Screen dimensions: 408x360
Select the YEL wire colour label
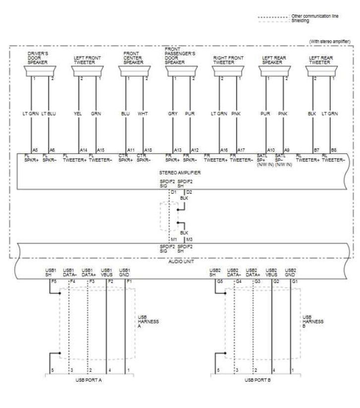tap(77, 114)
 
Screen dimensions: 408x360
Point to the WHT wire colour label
tap(143, 114)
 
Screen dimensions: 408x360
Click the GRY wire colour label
tap(173, 114)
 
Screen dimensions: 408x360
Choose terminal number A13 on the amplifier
tap(178, 149)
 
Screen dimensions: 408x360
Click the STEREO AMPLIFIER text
tap(180, 172)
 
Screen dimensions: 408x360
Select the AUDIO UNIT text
tap(180, 260)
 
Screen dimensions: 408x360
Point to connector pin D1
tap(173, 191)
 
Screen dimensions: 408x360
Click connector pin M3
tap(189, 240)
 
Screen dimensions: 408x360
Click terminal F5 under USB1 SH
tap(53, 281)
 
